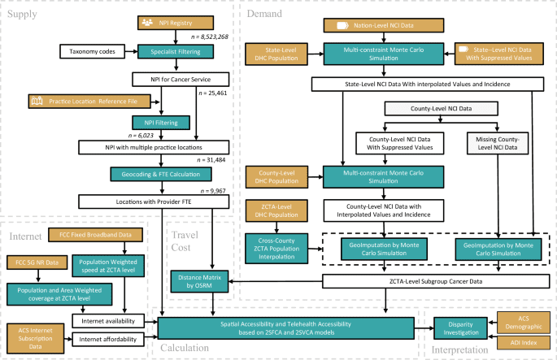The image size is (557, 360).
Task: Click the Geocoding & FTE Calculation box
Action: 167,174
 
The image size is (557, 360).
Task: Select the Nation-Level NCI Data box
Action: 381,27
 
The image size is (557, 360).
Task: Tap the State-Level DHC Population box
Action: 276,55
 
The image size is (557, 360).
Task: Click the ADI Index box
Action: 524,343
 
